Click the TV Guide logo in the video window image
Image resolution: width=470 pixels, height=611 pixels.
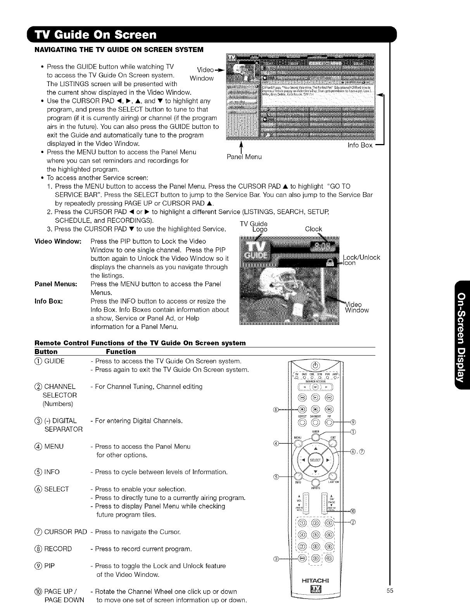point(252,251)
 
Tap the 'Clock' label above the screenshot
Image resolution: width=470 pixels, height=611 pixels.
point(313,229)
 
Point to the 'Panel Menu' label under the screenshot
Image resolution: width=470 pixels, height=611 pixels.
point(244,157)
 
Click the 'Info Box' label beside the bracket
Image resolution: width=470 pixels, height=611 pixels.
point(361,145)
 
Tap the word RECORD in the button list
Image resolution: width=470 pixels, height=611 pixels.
point(58,549)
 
